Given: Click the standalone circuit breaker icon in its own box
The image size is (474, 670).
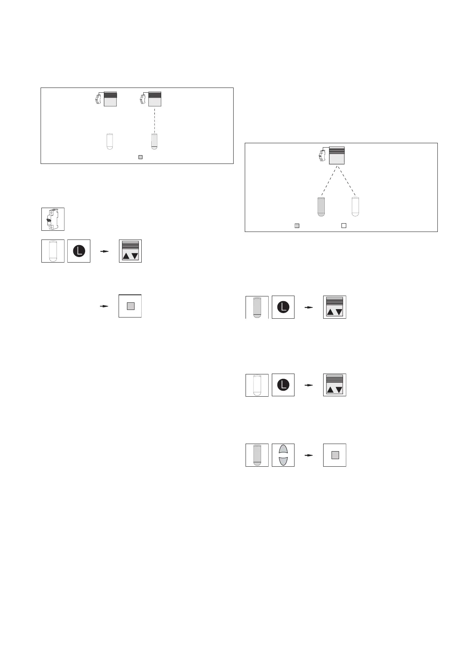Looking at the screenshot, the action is tap(53, 219).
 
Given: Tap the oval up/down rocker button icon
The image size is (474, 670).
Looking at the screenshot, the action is tap(283, 455).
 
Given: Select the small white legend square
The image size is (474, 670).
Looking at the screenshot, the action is tap(344, 226).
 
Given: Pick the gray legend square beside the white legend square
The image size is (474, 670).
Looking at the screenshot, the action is tap(296, 226).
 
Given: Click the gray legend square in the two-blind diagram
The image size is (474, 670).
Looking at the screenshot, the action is tap(140, 157).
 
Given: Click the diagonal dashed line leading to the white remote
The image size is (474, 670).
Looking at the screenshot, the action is tap(346, 181).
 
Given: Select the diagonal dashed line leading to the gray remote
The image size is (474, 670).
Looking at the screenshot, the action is tap(328, 181).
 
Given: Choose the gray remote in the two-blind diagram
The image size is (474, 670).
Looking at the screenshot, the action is tap(155, 141).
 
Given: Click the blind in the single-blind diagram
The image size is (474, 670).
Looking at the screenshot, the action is tap(336, 156).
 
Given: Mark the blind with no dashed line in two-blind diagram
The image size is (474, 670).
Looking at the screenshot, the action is tap(110, 99).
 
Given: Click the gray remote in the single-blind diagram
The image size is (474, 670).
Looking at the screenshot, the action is tap(321, 206).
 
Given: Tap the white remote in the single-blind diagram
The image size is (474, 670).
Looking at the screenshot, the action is tap(355, 206).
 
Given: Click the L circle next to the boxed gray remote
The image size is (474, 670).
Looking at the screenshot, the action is tap(283, 307).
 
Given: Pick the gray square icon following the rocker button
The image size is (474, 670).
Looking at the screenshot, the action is tap(335, 455).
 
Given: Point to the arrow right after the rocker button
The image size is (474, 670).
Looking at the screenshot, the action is tap(308, 455).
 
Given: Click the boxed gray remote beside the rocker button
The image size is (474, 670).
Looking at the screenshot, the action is tap(257, 455).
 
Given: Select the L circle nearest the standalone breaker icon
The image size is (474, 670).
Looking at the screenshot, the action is tap(79, 251).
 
